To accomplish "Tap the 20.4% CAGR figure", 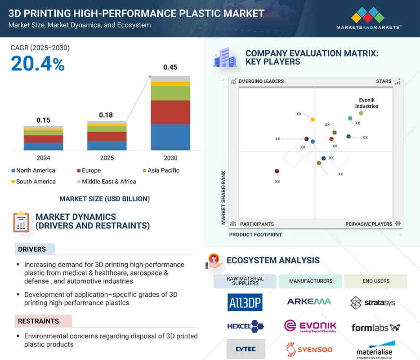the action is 37,64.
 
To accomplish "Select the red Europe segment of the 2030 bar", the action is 170,112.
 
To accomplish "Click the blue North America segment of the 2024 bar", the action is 43,146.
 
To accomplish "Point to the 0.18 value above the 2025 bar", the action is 106,115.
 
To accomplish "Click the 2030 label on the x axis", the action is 170,158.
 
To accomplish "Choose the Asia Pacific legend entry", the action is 161,170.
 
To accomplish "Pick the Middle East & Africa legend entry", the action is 106,182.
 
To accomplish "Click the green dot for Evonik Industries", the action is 361,113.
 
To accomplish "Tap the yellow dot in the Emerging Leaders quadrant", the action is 313,120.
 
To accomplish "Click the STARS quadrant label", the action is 384,81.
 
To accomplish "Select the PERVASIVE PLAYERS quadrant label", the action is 369,224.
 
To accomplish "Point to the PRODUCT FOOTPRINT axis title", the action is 255,235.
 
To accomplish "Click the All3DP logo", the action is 245,302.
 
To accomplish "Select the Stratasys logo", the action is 373,303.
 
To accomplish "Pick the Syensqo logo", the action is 309,350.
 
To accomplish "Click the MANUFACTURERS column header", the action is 310,281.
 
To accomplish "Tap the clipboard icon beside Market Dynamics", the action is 21,222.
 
